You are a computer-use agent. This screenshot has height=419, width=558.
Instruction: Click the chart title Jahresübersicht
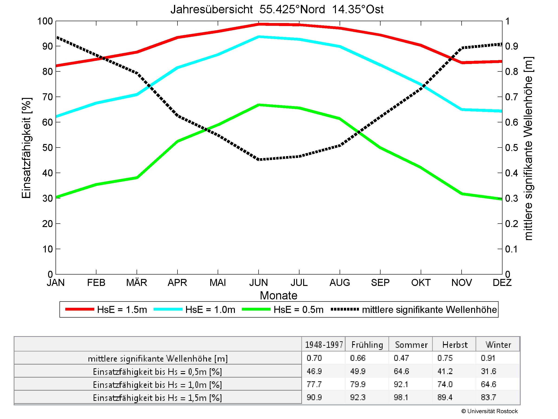tap(277, 10)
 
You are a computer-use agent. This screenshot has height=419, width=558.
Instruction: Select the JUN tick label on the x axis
tap(258, 282)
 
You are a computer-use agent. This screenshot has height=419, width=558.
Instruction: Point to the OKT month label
tap(420, 282)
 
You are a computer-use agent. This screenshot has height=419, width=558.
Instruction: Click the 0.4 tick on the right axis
tap(512, 173)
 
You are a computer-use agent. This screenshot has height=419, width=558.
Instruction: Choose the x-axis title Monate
tap(279, 295)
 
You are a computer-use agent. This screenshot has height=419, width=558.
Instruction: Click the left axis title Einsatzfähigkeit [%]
tap(26, 148)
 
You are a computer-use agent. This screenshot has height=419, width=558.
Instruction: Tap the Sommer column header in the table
tap(411, 345)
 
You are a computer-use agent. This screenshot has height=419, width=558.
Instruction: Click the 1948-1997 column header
tap(324, 345)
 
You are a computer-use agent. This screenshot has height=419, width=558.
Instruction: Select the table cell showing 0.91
tap(488, 358)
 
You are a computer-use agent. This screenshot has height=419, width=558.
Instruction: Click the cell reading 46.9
tap(314, 371)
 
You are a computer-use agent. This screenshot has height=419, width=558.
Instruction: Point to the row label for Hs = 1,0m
tap(158, 385)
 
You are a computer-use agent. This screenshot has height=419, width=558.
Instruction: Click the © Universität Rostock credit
tap(489, 411)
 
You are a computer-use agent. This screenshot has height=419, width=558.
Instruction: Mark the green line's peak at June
tap(259, 105)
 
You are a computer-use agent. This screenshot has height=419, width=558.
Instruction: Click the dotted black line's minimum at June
tap(259, 160)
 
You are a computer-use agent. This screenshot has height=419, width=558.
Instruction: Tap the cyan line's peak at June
tap(259, 37)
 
